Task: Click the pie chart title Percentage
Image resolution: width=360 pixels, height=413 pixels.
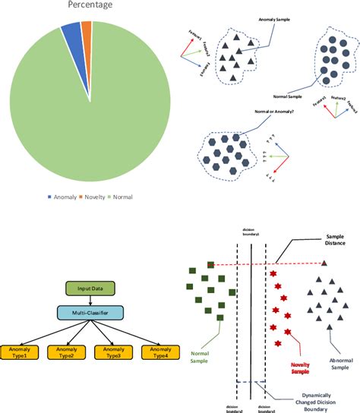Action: pos(89,5)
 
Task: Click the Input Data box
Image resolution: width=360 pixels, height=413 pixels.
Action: pos(89,288)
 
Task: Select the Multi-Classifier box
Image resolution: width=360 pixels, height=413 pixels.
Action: pos(89,312)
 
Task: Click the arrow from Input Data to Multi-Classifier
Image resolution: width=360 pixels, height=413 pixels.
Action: pos(89,301)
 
